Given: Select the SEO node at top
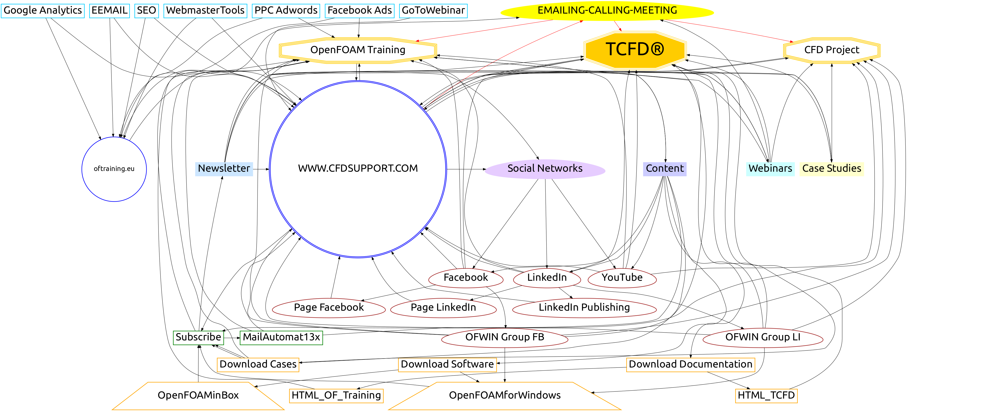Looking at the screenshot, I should pyautogui.click(x=146, y=10).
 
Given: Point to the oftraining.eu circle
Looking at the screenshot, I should pyautogui.click(x=114, y=169).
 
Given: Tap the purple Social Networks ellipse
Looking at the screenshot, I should pyautogui.click(x=545, y=169).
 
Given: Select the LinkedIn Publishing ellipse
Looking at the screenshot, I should pyautogui.click(x=584, y=308).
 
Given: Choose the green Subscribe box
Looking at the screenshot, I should pyautogui.click(x=198, y=337).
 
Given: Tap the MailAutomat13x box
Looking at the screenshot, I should pyautogui.click(x=281, y=337).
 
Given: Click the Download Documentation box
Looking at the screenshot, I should pyautogui.click(x=690, y=364).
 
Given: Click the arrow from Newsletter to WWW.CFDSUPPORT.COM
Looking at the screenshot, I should pyautogui.click(x=261, y=169).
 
